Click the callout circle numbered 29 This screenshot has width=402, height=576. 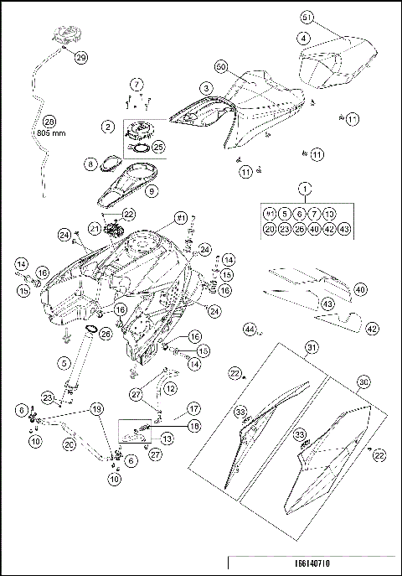tap(80, 58)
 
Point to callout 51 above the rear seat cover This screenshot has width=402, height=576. tap(307, 18)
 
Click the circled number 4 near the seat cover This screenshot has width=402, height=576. tap(302, 38)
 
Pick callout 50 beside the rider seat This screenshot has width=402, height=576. tap(221, 65)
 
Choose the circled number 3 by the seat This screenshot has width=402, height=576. tap(204, 87)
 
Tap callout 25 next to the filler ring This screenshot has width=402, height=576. tap(157, 147)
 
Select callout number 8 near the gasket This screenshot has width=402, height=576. tap(90, 166)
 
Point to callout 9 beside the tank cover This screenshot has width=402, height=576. tap(151, 191)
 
